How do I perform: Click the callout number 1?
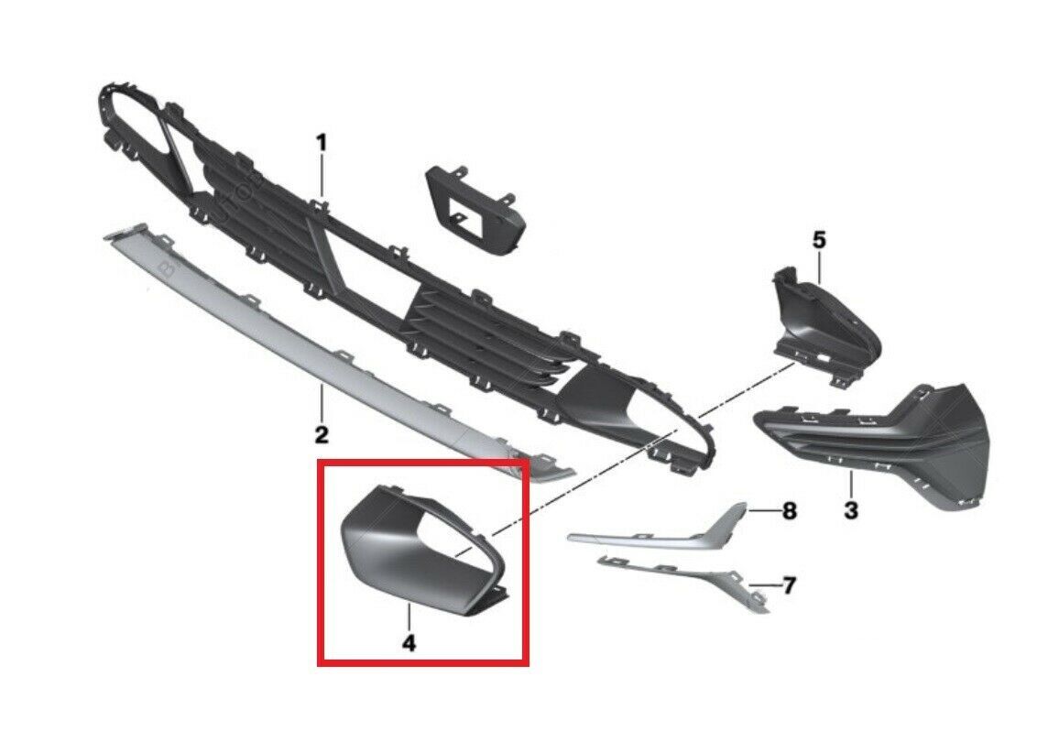(322, 143)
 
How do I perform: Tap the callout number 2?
(322, 433)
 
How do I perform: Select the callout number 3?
(851, 508)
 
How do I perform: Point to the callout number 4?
(409, 642)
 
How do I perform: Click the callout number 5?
(819, 240)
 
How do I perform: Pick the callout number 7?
(789, 585)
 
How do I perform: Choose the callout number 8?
(789, 511)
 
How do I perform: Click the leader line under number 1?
(322, 178)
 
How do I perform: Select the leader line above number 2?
(322, 402)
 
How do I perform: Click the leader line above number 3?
(851, 485)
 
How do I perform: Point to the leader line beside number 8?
(763, 511)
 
